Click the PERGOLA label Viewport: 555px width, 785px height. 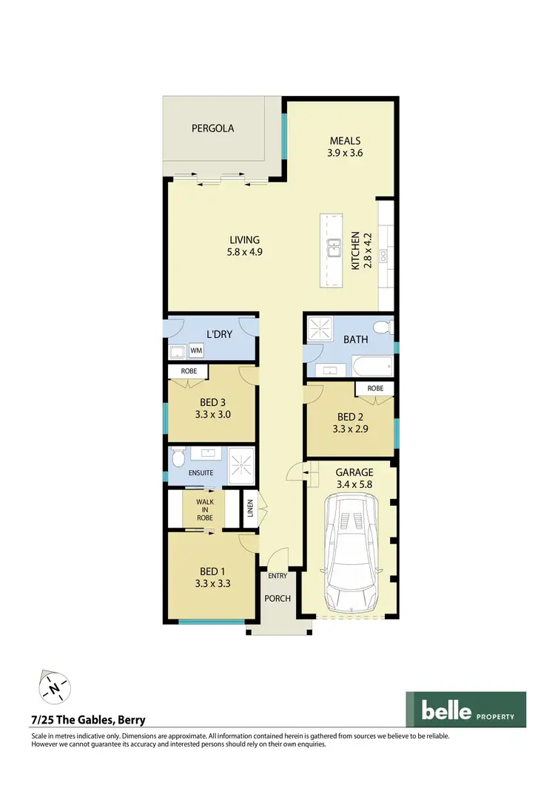212,128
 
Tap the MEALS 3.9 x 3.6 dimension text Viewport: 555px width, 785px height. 345,154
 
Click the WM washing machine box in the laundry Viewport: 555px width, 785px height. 197,350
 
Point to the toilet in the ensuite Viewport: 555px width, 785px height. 177,460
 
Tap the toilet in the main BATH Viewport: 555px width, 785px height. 382,327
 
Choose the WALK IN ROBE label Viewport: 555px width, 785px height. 204,510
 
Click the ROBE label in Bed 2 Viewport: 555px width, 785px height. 374,388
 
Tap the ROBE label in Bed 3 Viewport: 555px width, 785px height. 188,372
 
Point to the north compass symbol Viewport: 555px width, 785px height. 53,687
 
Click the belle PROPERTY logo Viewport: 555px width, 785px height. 465,710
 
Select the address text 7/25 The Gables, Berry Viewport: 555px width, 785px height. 88,720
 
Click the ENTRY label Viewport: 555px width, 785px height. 277,575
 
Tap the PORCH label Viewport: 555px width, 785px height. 278,598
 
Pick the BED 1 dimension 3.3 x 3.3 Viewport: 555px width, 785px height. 209,583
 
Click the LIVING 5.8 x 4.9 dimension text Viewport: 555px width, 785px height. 244,251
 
